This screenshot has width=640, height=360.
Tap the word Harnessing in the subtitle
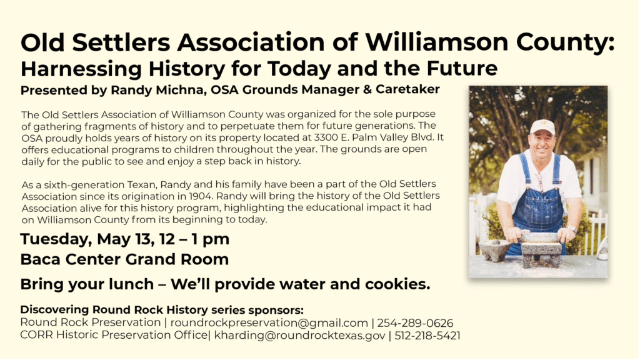tap(81, 69)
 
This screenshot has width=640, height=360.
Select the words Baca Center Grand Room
tap(124, 259)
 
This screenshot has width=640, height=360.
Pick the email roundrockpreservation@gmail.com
tap(269, 323)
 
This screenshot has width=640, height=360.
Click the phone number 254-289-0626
tap(415, 323)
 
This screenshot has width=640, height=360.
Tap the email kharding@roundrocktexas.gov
tap(300, 336)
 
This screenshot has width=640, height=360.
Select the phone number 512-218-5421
tap(427, 336)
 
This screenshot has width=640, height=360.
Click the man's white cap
tap(542, 127)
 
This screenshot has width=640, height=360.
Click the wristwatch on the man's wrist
tap(572, 229)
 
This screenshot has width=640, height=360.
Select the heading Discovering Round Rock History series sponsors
tap(162, 310)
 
